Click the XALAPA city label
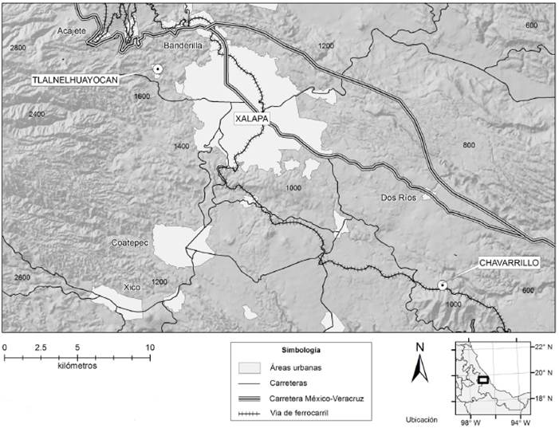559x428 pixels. click(251, 118)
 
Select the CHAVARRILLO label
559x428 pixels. click(510, 262)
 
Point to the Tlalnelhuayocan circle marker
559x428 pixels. click(158, 69)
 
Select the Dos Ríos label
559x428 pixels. click(398, 198)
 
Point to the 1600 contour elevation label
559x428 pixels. click(142, 96)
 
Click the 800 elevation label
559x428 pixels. click(468, 144)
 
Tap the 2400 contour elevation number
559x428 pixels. click(37, 114)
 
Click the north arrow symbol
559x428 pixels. click(420, 368)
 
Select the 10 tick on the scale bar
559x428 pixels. click(150, 348)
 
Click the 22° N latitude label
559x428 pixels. click(544, 348)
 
